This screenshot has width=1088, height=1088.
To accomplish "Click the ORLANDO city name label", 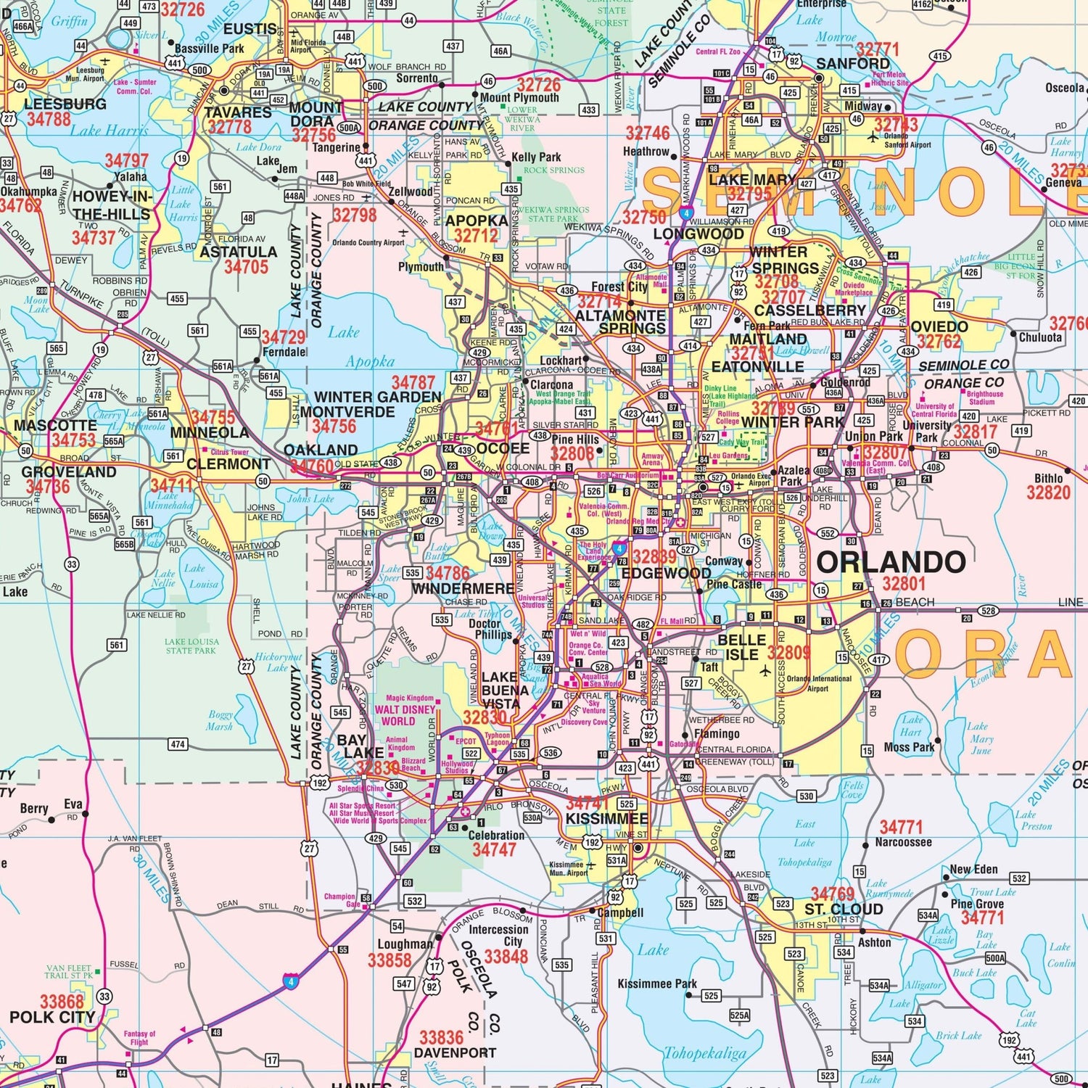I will [x=891, y=562].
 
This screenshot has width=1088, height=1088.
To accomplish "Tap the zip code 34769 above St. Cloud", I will [x=832, y=894].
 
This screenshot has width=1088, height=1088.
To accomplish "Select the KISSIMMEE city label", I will [x=606, y=819].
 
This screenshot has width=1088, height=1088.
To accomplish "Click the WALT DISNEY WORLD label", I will [x=405, y=715].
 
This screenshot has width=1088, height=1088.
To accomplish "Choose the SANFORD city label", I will [x=853, y=64].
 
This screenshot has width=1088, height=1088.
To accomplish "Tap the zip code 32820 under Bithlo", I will [x=1048, y=493].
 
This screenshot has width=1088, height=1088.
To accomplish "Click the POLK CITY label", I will [x=52, y=1017].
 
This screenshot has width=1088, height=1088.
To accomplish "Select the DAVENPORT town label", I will [x=455, y=1052].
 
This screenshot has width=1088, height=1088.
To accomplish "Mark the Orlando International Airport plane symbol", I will [x=765, y=671].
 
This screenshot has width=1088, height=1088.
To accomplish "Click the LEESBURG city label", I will [x=65, y=104].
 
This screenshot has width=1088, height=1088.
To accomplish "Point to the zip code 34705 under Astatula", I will [x=246, y=267].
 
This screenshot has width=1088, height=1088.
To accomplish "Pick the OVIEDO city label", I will [x=939, y=326].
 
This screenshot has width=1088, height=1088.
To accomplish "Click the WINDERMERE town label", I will [x=463, y=588].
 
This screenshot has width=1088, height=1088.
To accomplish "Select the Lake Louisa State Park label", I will [x=191, y=646].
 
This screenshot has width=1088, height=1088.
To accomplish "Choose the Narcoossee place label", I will [x=903, y=842].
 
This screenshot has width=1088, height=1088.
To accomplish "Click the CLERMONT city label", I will [x=228, y=464].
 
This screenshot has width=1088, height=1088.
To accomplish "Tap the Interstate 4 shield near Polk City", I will [x=292, y=982].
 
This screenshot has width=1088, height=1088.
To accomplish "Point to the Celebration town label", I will [x=496, y=835].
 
